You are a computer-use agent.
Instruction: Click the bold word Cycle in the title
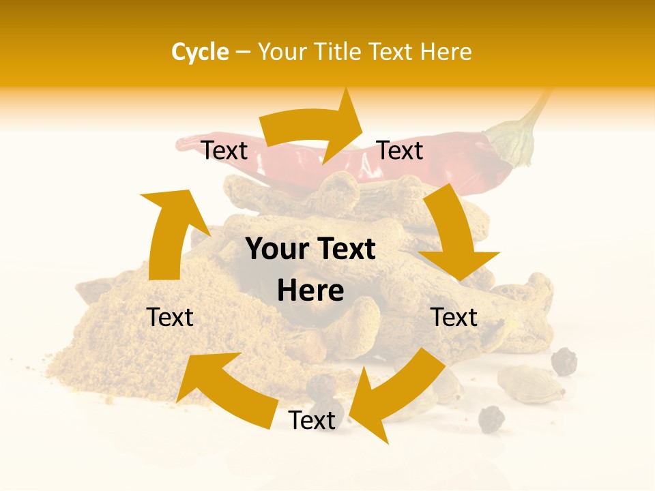pyautogui.click(x=200, y=52)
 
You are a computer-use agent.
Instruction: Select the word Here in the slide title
pyautogui.click(x=446, y=52)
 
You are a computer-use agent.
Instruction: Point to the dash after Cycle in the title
pyautogui.click(x=243, y=52)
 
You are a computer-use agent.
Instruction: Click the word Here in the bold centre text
pyautogui.click(x=310, y=291)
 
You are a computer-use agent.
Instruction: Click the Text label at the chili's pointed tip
pyautogui.click(x=224, y=150)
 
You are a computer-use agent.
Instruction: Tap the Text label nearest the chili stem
pyautogui.click(x=401, y=150)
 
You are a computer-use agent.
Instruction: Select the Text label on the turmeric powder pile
pyautogui.click(x=171, y=317)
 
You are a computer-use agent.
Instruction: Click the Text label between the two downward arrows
pyautogui.click(x=454, y=317)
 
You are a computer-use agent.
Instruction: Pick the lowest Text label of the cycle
pyautogui.click(x=312, y=420)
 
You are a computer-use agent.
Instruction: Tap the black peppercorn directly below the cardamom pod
pyautogui.click(x=491, y=419)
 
